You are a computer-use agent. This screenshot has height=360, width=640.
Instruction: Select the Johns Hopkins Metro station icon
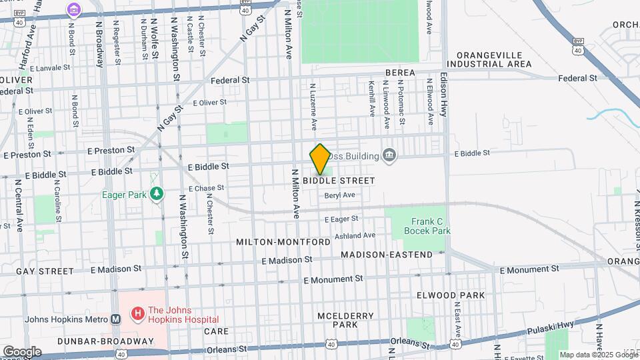[x=116, y=319]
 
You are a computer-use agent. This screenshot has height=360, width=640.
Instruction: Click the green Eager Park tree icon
[x=157, y=194]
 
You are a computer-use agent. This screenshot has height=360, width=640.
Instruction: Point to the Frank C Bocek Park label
[x=427, y=226]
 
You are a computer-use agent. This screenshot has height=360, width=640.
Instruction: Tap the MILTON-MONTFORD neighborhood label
[x=283, y=242]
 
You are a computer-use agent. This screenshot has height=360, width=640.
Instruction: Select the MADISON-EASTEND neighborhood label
[x=387, y=255]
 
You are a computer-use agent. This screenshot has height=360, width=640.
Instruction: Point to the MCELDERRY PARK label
[x=337, y=319]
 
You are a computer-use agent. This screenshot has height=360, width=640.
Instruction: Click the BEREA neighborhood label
[x=400, y=72]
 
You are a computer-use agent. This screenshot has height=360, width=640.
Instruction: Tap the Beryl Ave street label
[x=339, y=195]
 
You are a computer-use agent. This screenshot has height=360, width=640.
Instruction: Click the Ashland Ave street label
[x=355, y=235]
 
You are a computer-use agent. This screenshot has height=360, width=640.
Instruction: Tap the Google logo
[x=21, y=351]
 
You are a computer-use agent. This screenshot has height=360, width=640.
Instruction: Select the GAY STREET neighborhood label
[x=45, y=271]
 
